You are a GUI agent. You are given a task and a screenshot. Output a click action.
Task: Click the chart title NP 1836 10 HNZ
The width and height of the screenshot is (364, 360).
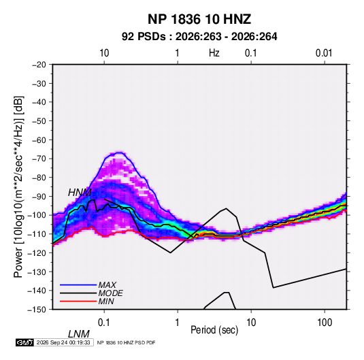(199, 19)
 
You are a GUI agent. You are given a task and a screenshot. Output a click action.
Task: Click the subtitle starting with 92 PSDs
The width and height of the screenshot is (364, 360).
(199, 37)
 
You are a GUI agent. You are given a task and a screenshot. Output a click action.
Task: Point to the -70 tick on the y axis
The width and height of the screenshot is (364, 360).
(39, 159)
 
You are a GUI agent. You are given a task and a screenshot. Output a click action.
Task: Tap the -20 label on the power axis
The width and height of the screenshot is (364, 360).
(39, 65)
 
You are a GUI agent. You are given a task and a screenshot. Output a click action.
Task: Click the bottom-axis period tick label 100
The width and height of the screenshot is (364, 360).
(325, 323)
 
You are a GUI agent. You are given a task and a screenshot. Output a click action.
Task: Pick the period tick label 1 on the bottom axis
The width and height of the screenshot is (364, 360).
(178, 323)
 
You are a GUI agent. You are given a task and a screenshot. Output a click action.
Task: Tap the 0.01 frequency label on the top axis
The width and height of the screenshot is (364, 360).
(324, 53)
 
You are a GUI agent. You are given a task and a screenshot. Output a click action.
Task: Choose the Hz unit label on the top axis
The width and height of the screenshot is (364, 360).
(214, 53)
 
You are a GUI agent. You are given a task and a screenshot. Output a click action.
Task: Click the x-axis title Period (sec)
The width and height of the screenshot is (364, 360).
(214, 330)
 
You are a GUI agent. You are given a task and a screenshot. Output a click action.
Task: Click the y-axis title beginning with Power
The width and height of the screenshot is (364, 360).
(18, 187)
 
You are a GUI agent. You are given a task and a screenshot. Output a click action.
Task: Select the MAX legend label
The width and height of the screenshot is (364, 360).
(107, 285)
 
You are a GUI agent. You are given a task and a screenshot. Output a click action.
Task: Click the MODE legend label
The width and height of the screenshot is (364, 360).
(110, 293)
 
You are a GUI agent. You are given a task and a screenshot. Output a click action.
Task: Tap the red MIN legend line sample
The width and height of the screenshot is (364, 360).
(78, 301)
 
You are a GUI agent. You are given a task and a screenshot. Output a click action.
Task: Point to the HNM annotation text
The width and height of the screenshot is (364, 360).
(80, 193)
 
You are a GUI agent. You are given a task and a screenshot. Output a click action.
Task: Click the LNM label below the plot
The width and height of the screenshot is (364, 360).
(79, 334)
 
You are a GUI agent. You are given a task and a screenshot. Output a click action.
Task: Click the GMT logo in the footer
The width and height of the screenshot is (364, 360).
(24, 342)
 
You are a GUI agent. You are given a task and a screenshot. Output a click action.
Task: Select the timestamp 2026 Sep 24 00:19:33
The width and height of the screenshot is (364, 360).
(63, 342)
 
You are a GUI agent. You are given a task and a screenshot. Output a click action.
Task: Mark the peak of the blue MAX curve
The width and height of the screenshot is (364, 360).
(119, 152)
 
